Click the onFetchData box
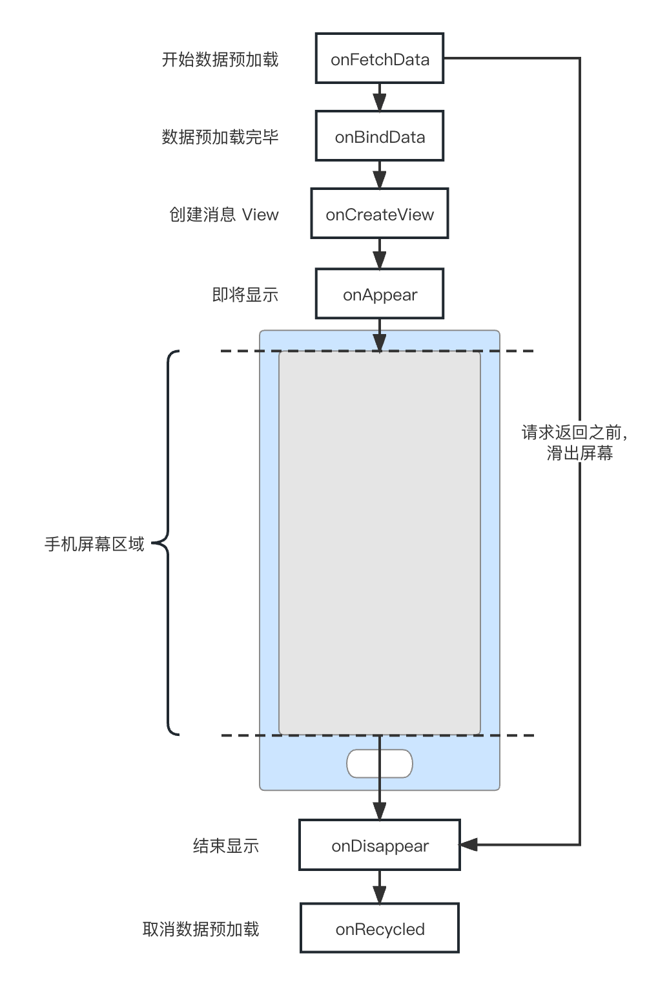(380, 59)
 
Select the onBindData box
(380, 136)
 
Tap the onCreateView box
(380, 214)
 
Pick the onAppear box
(380, 294)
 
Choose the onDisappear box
(380, 845)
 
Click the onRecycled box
(380, 928)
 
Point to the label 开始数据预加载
(220, 59)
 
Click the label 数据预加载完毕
(220, 137)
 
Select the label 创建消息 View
(223, 215)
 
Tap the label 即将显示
(245, 295)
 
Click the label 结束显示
(225, 846)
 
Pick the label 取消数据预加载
(200, 929)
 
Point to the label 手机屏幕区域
(94, 544)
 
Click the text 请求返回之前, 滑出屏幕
(575, 443)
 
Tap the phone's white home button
(380, 764)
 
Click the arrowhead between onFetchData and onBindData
(380, 102)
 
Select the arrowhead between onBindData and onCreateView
(380, 180)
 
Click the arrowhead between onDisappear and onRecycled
(380, 894)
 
